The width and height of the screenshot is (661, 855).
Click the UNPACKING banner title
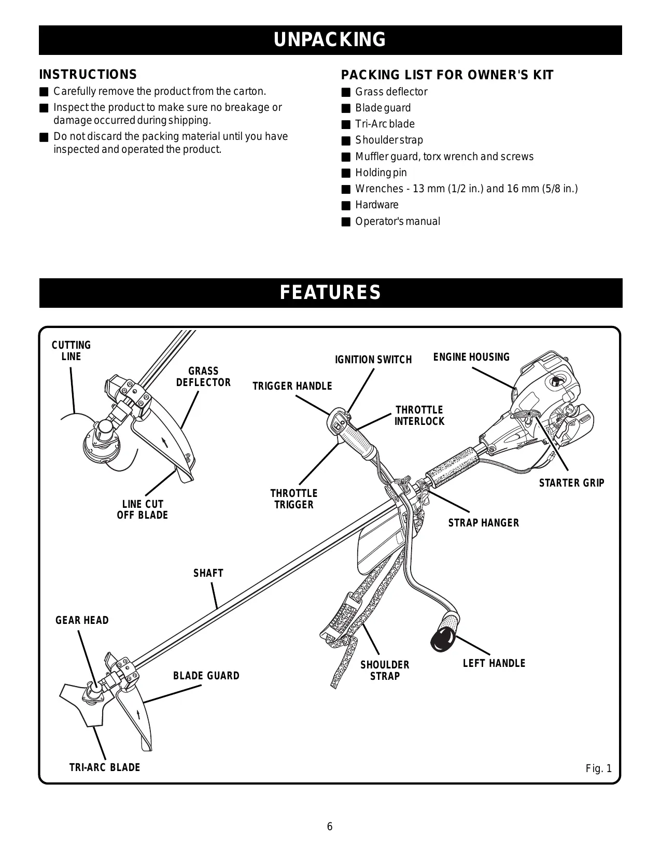[x=330, y=40]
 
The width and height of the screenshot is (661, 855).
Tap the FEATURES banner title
[x=330, y=293]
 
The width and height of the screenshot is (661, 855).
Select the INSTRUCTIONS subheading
[x=88, y=75]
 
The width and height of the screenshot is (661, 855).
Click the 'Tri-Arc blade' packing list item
[x=385, y=124]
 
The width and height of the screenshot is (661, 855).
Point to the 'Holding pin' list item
[x=381, y=173]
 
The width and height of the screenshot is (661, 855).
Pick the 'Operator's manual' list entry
[x=397, y=221]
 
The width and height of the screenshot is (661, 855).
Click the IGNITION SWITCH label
[x=373, y=360]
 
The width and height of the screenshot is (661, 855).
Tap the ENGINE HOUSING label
[x=471, y=357]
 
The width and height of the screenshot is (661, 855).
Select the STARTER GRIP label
[x=571, y=483]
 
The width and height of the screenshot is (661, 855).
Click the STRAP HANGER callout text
[x=483, y=523]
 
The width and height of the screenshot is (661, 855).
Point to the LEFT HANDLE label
[x=494, y=663]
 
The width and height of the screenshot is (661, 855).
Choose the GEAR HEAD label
[x=82, y=620]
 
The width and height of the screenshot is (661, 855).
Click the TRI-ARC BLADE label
[x=105, y=767]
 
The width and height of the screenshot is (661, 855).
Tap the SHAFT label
[x=208, y=573]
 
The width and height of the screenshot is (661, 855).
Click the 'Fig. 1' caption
[x=599, y=768]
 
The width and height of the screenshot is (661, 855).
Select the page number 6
[x=330, y=826]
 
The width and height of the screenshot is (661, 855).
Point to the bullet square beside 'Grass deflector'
[x=346, y=92]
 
